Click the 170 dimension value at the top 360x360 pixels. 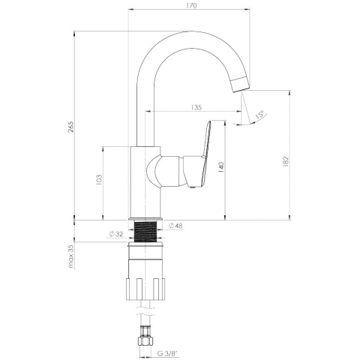click(x=191, y=5)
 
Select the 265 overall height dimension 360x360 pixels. click(x=70, y=127)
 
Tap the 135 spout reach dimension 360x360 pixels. click(x=196, y=107)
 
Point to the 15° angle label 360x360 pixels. click(x=259, y=115)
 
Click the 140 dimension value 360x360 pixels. click(x=221, y=167)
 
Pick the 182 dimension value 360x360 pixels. click(x=286, y=161)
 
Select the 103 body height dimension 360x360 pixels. click(x=99, y=180)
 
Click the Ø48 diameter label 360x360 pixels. click(x=175, y=226)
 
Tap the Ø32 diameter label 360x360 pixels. click(x=116, y=234)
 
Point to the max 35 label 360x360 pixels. click(x=71, y=256)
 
